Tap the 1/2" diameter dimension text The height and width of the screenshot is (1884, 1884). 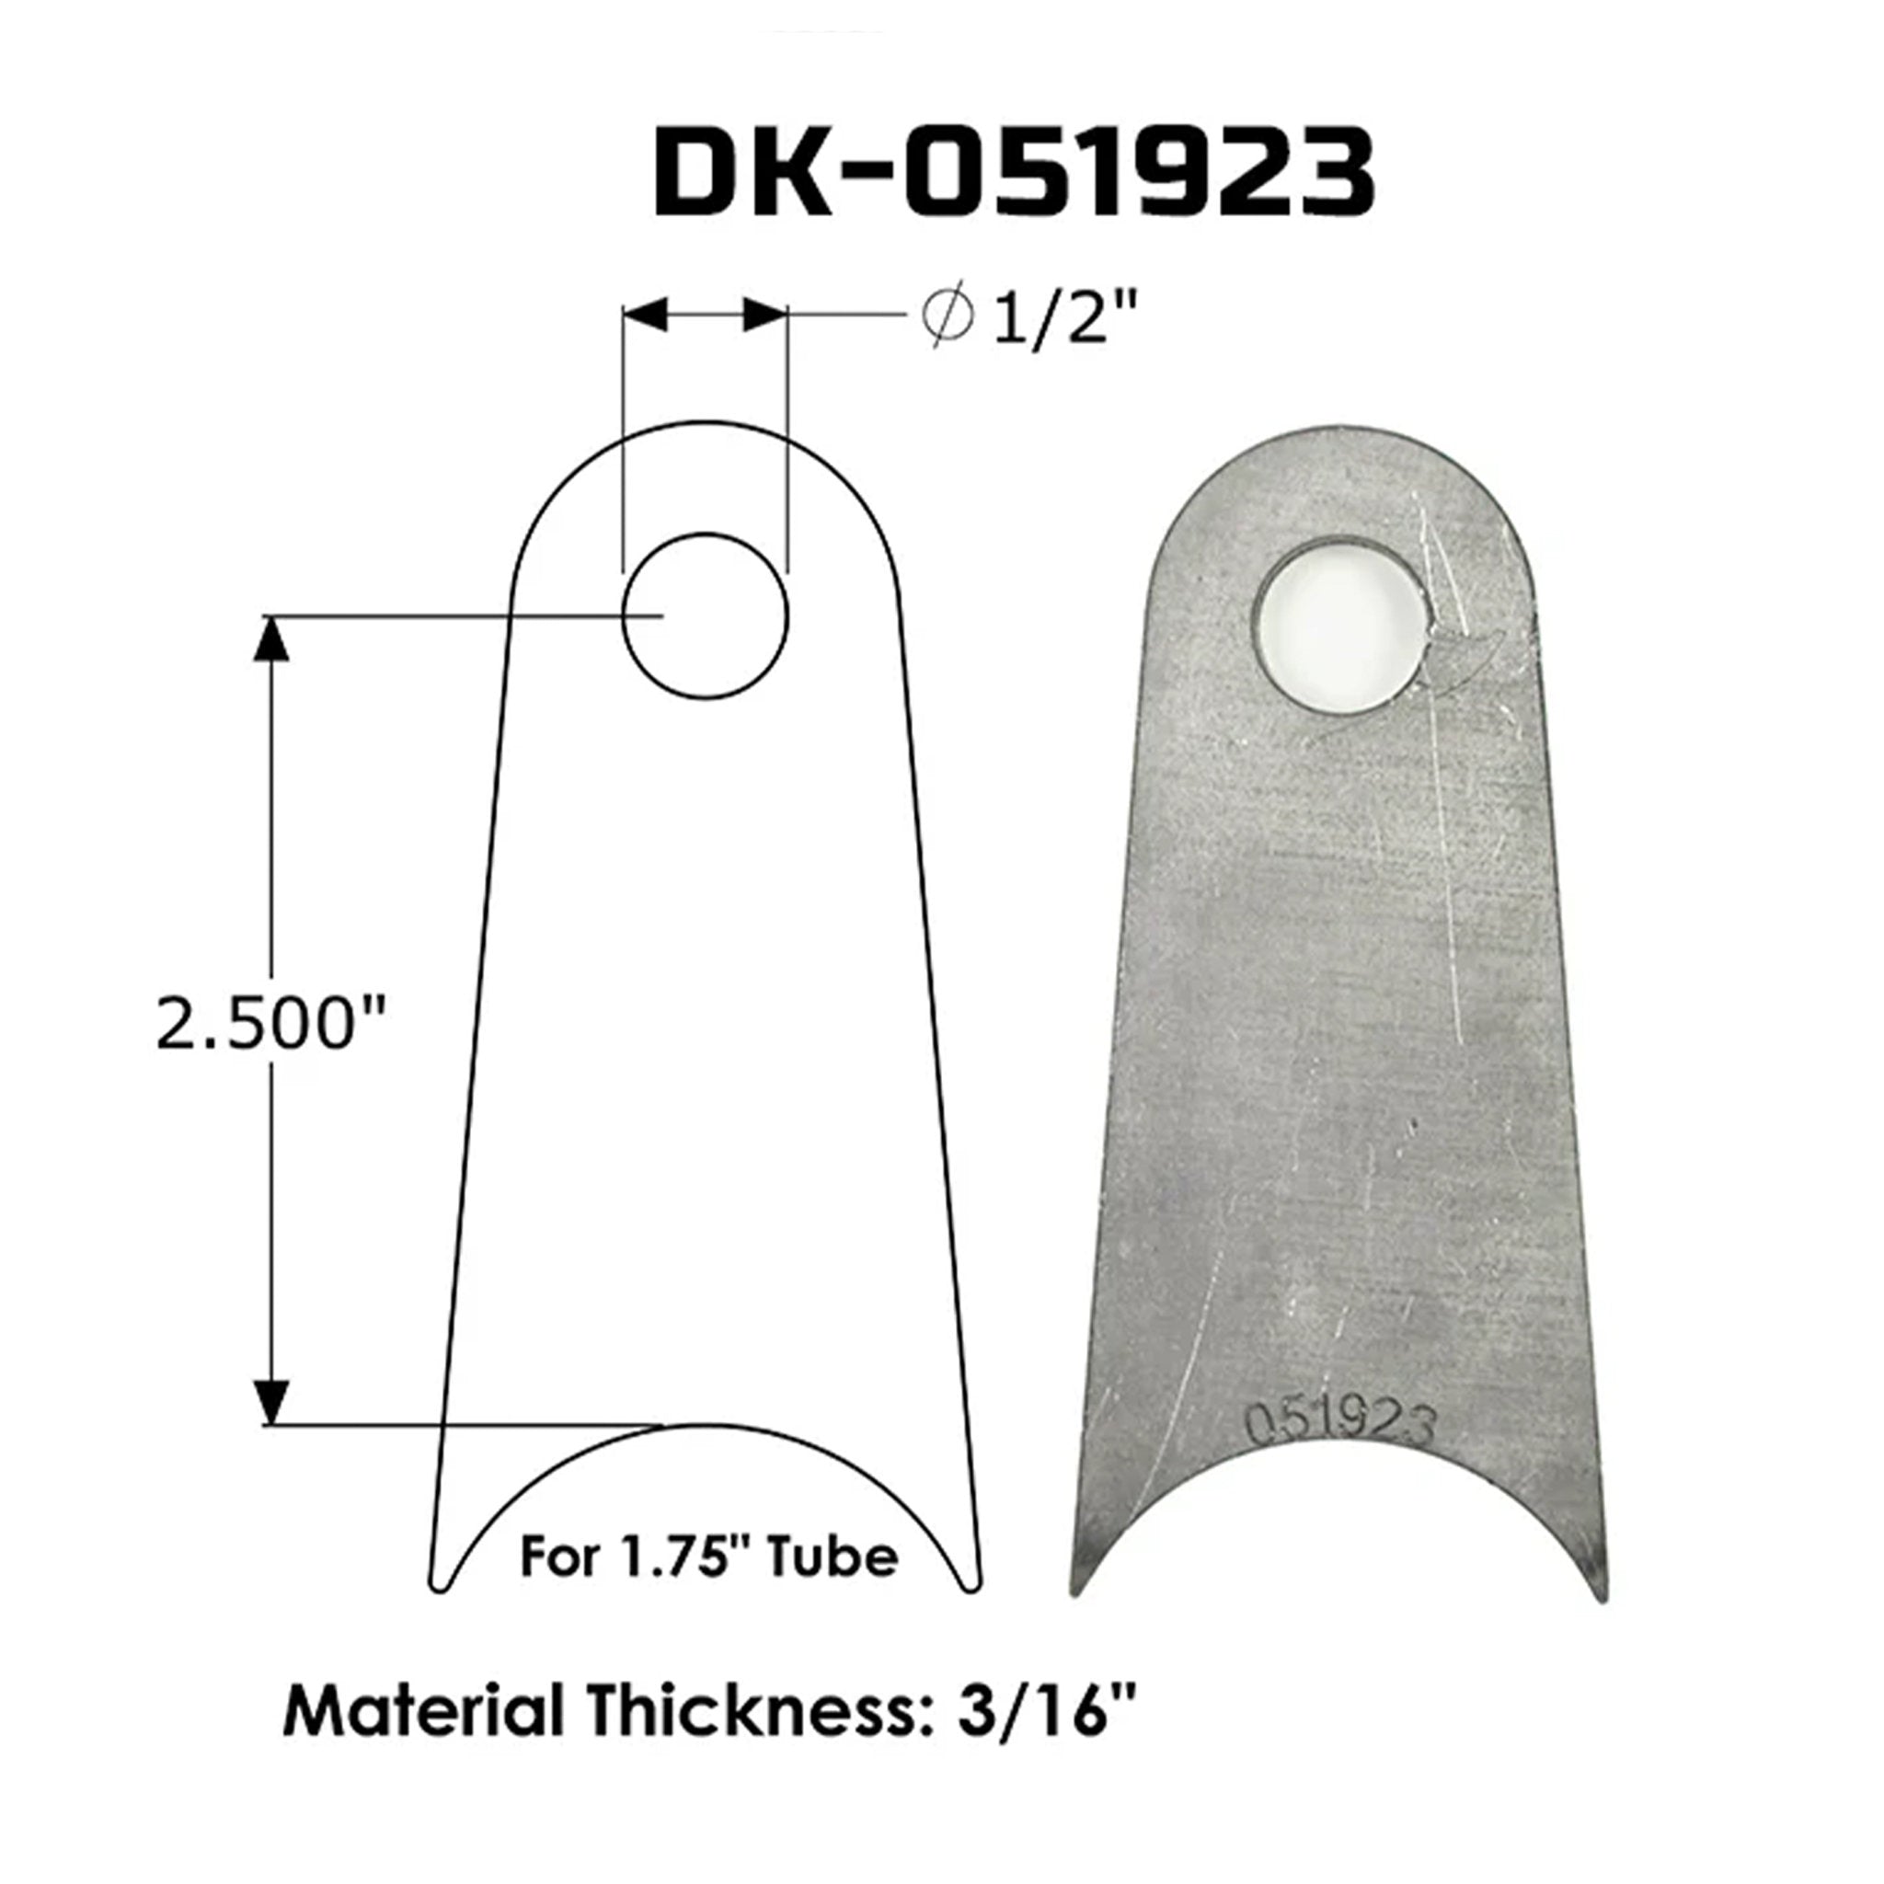click(1065, 319)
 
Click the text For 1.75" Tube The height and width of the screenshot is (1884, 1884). click(709, 1557)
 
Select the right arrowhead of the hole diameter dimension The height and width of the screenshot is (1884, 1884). click(765, 314)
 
